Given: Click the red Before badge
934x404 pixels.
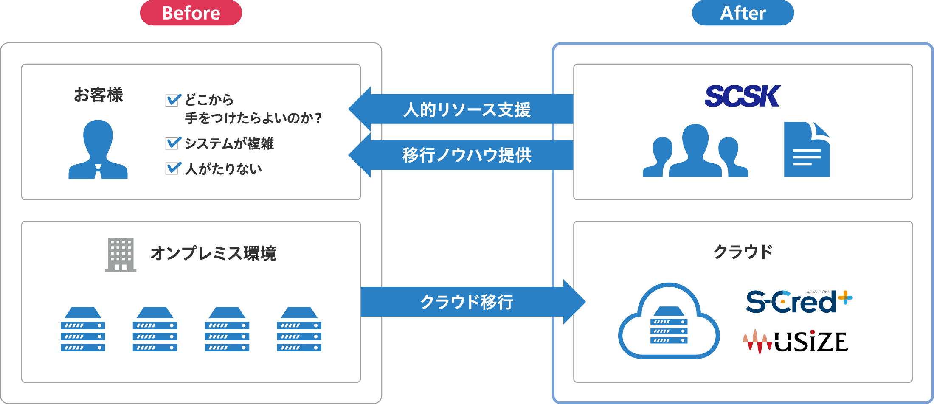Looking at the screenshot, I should [191, 13].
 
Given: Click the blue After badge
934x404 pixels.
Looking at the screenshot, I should [743, 13].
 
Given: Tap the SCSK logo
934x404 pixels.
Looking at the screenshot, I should [742, 96].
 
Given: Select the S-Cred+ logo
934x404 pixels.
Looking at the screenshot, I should [798, 302].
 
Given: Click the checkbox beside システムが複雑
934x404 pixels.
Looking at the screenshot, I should [173, 143].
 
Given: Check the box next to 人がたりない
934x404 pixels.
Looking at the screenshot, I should [173, 168].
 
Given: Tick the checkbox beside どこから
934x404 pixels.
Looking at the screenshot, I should [173, 100].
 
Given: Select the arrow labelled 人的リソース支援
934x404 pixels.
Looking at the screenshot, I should [463, 109].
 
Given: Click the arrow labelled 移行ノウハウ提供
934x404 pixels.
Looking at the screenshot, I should [463, 155].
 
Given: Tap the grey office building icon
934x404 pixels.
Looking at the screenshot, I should [121, 254].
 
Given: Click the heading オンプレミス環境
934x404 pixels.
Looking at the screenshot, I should [213, 253].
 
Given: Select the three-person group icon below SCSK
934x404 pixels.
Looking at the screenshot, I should [695, 151].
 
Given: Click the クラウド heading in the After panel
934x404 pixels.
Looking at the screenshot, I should [743, 252].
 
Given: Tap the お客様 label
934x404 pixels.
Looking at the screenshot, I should [98, 95].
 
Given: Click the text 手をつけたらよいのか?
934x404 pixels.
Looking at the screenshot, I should [253, 118].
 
